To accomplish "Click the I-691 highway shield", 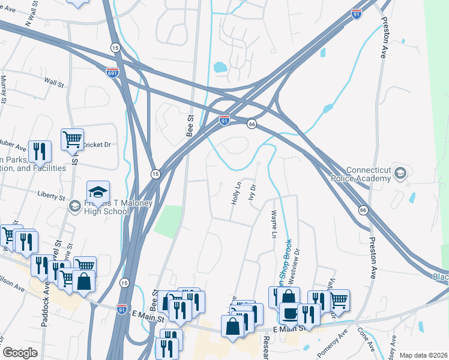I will point(112,72).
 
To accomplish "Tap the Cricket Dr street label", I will point(97,145).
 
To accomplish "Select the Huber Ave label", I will point(13,146).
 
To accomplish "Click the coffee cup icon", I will point(291,314).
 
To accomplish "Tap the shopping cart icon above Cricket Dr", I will point(72,139).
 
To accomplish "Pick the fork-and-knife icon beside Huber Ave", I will point(40,151).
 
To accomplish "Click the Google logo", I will point(20,353).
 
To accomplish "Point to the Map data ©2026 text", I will point(423,355).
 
